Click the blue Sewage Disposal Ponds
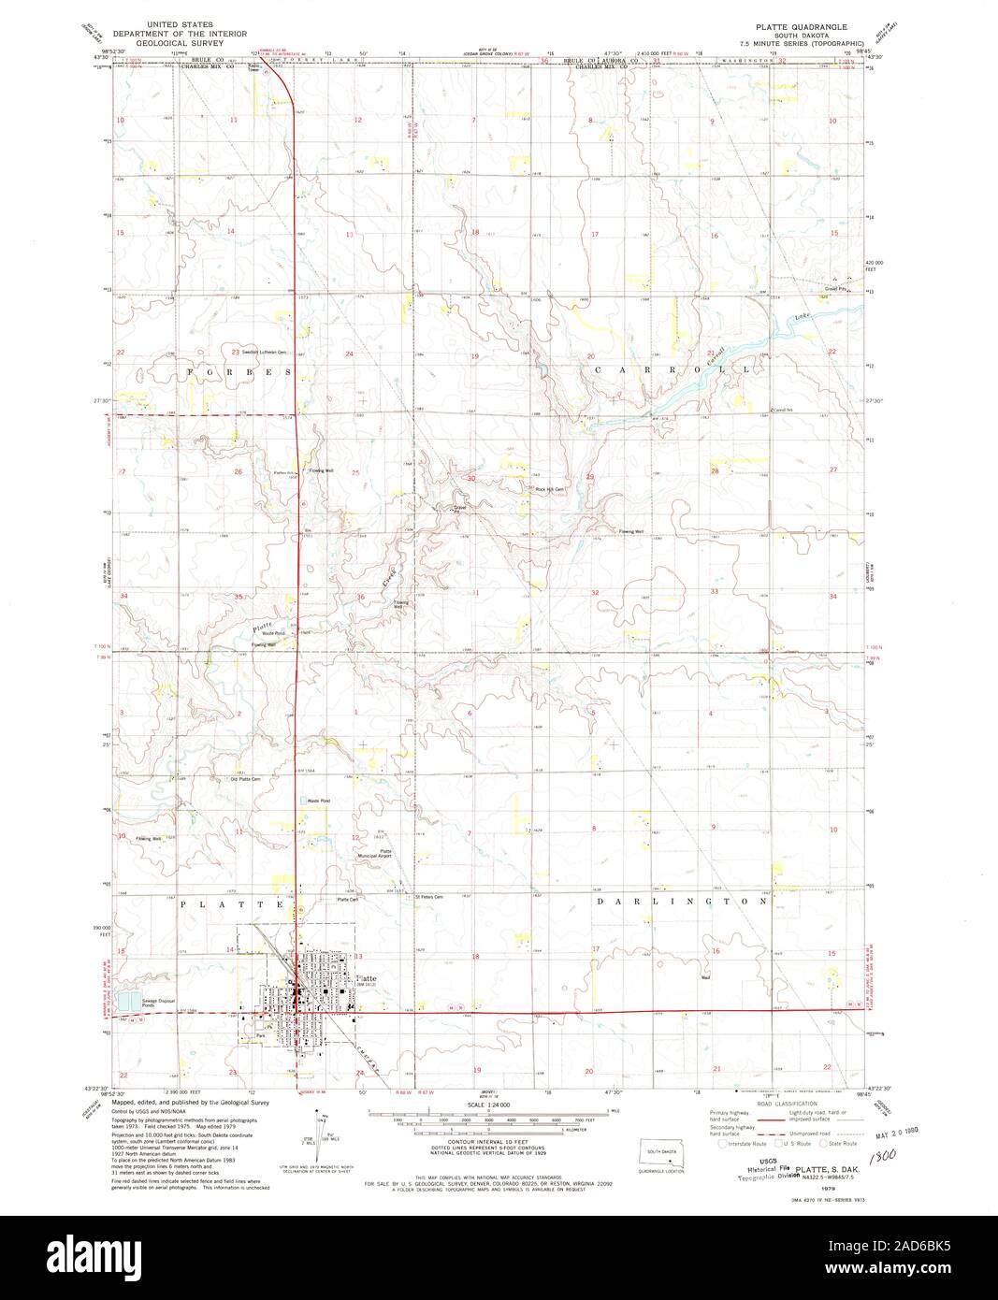coord(126,1003)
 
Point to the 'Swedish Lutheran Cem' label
coord(263,353)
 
